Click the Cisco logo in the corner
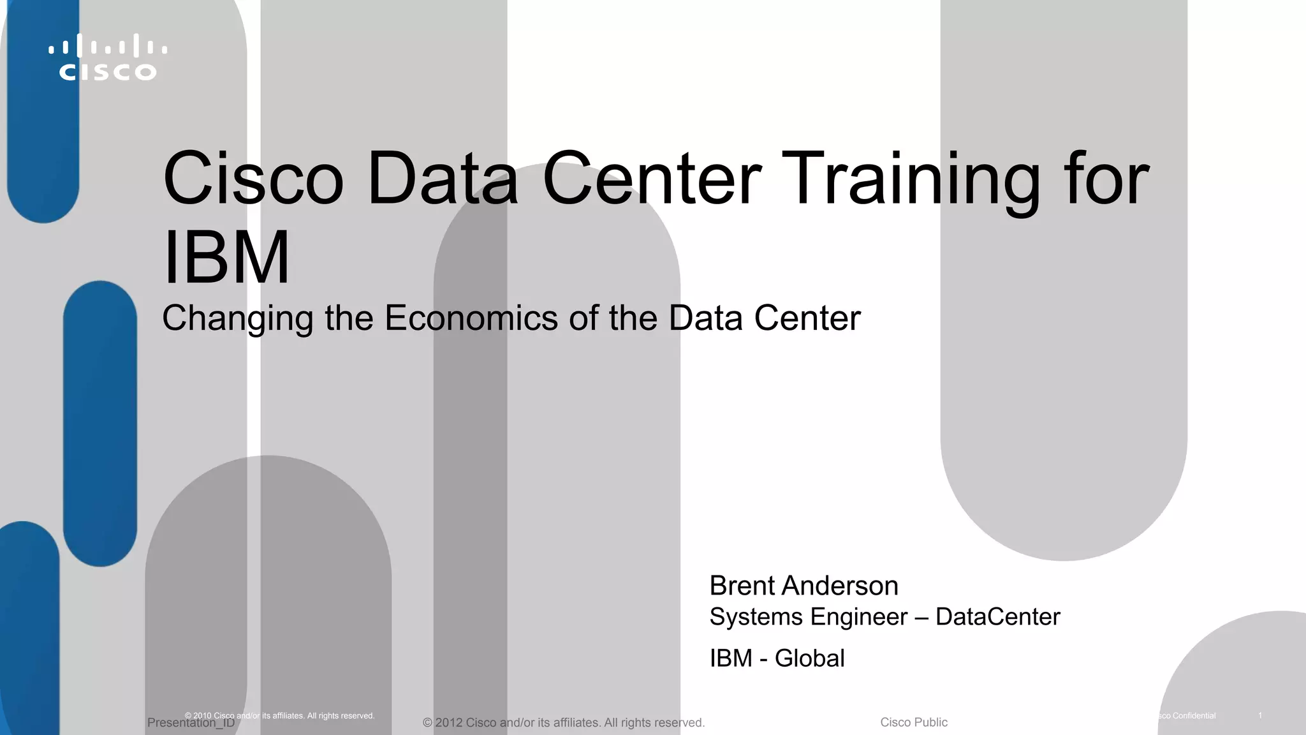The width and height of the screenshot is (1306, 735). click(108, 57)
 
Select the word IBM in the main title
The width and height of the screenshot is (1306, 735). click(226, 258)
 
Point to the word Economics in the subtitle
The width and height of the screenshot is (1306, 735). click(471, 318)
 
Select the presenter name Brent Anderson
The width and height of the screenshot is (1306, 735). click(803, 586)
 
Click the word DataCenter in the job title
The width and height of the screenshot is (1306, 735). click(997, 617)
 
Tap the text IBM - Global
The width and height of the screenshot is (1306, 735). click(777, 658)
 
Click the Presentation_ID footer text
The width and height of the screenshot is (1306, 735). click(191, 724)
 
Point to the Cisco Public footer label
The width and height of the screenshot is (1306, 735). click(914, 722)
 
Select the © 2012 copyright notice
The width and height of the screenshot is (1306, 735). click(563, 723)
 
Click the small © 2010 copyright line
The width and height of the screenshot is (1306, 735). click(279, 716)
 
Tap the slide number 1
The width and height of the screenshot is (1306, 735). click(1260, 716)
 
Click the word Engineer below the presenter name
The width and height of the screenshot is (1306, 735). click(853, 617)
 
